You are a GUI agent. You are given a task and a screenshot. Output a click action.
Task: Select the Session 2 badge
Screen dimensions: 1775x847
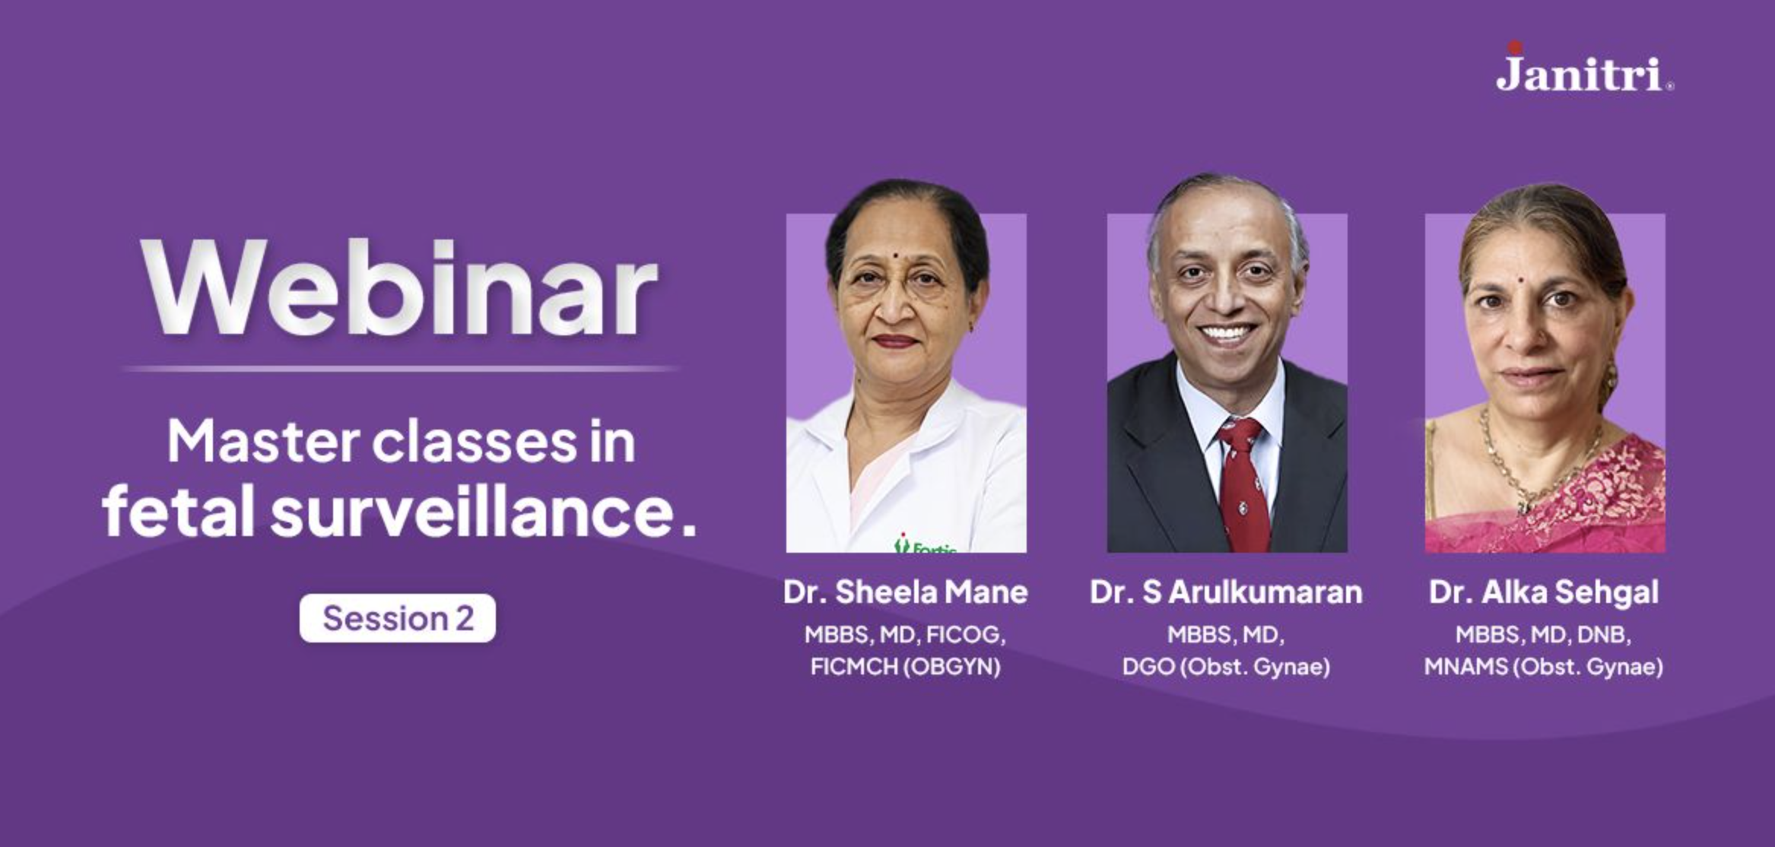(x=398, y=618)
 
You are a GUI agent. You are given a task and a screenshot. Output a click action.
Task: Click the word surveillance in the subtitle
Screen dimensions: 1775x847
(x=484, y=512)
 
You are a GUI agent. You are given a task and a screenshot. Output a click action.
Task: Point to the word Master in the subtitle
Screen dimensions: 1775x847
(x=264, y=442)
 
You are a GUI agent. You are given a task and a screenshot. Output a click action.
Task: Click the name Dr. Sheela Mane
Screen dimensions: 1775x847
(x=906, y=592)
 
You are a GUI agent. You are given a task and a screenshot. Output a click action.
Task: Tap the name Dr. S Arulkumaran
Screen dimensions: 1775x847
(x=1226, y=592)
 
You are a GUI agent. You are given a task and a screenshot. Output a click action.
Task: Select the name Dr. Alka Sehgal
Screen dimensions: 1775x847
(x=1544, y=592)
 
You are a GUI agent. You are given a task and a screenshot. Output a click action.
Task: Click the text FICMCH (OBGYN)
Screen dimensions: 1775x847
(x=906, y=667)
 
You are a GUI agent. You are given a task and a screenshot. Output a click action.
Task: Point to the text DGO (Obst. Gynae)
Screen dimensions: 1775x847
(x=1226, y=667)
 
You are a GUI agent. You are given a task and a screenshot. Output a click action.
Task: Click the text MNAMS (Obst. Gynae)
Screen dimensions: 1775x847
(x=1544, y=667)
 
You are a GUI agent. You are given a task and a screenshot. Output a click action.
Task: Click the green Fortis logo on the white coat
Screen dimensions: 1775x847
(x=925, y=544)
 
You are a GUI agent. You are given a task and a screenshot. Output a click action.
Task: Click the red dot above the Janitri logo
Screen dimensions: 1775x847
(x=1515, y=47)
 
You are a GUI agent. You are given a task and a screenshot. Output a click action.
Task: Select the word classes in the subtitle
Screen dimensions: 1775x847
(x=475, y=442)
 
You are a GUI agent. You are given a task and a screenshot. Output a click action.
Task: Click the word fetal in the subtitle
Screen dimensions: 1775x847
(x=179, y=512)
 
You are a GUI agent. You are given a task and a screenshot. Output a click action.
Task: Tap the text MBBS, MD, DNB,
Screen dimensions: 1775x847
(x=1544, y=634)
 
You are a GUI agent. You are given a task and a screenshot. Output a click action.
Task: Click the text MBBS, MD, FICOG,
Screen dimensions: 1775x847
(x=906, y=634)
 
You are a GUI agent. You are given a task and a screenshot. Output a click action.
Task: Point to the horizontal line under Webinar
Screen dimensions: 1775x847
(x=400, y=369)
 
